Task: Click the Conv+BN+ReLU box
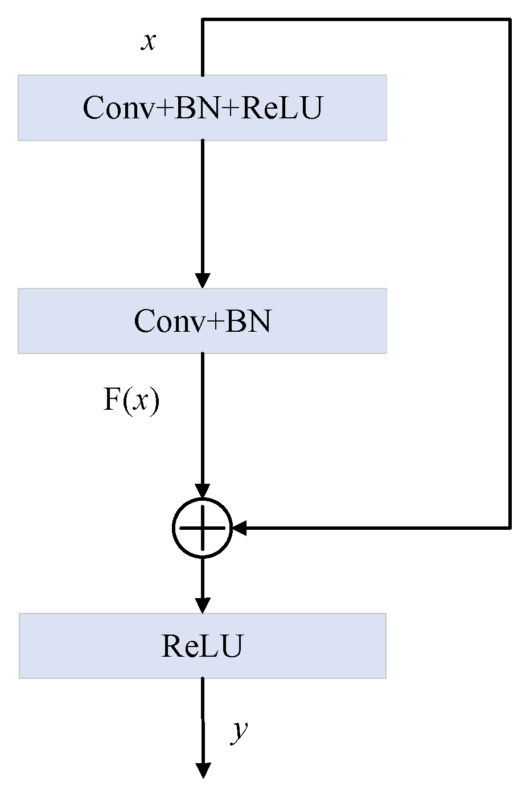[x=202, y=108]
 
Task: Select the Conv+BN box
[x=202, y=321]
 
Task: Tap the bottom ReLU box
[x=202, y=646]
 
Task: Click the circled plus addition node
[x=202, y=528]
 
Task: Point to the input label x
[x=148, y=42]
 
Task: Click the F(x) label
[x=131, y=400]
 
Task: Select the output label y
[x=240, y=730]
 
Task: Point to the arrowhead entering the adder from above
[x=202, y=491]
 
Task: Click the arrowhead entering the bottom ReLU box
[x=202, y=605]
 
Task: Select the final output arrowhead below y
[x=202, y=770]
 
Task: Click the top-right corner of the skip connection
[x=510, y=20]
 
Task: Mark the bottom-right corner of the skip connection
[x=510, y=528]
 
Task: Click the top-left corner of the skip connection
[x=203, y=20]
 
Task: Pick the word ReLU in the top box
[x=282, y=108]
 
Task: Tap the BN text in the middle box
[x=249, y=321]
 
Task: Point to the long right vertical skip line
[x=510, y=273]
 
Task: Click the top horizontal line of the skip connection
[x=356, y=20]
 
